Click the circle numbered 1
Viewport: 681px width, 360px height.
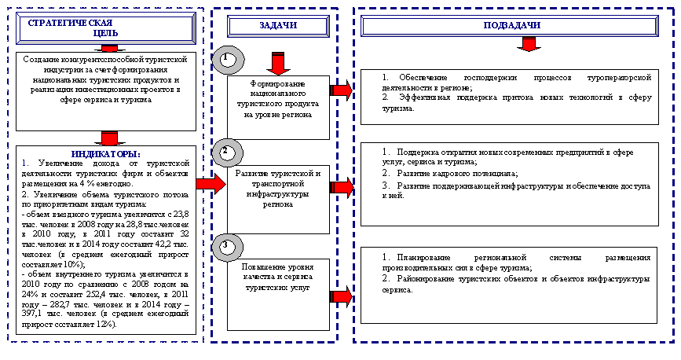pyautogui.click(x=226, y=60)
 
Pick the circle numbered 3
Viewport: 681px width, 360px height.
pyautogui.click(x=225, y=247)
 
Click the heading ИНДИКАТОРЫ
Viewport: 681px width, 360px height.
pyautogui.click(x=105, y=153)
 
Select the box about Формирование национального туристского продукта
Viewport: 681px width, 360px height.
pyautogui.click(x=277, y=98)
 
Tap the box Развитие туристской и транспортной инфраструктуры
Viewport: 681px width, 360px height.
pyautogui.click(x=277, y=188)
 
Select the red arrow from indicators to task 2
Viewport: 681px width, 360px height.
pyautogui.click(x=207, y=183)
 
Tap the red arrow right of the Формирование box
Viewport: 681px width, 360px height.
pyautogui.click(x=342, y=91)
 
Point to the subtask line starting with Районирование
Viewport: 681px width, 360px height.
pyautogui.click(x=516, y=285)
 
